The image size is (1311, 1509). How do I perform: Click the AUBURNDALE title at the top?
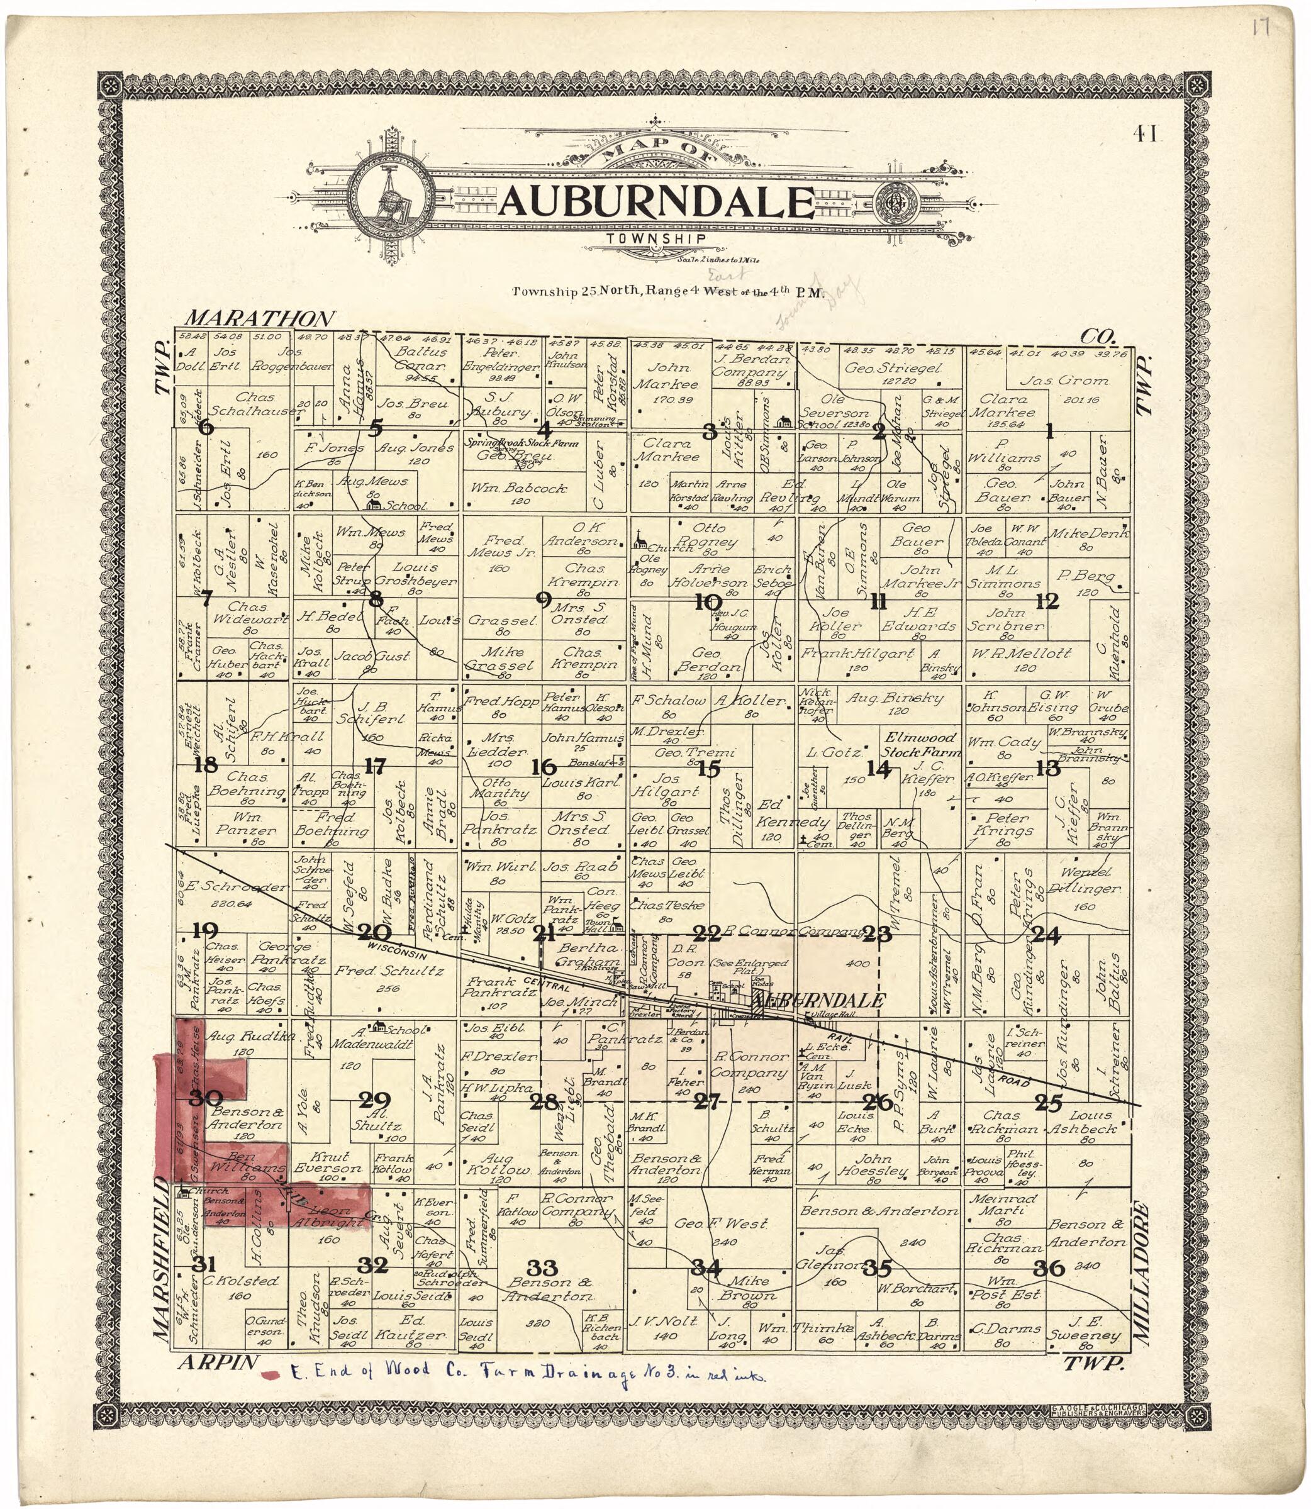(656, 203)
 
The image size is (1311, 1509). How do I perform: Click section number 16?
(544, 767)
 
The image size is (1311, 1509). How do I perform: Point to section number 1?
(1050, 432)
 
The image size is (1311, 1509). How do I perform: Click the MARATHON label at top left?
(260, 318)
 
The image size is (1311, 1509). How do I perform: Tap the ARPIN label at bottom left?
(218, 1362)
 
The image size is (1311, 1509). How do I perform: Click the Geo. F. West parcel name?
(721, 1223)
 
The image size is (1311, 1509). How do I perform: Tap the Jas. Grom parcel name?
(1064, 381)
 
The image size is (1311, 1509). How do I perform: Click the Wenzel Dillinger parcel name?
(1086, 881)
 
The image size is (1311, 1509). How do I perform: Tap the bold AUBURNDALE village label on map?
(822, 1000)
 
